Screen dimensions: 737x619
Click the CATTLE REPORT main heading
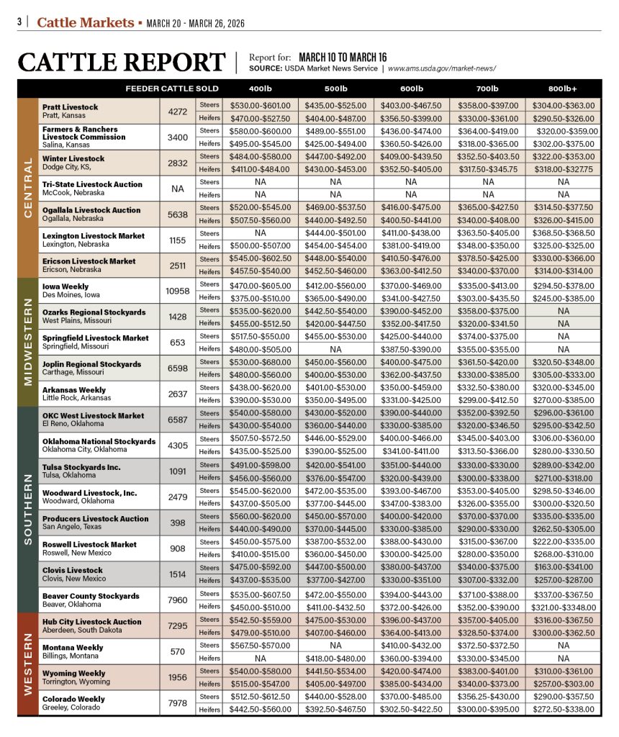tap(122, 63)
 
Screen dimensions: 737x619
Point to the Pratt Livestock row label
tap(70, 107)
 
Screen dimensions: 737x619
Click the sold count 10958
tap(177, 291)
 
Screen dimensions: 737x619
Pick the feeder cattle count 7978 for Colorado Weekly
tap(177, 702)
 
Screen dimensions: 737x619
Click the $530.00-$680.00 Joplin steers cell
tap(261, 362)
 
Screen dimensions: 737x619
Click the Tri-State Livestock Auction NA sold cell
tap(177, 189)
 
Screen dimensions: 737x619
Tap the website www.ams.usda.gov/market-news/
tap(442, 68)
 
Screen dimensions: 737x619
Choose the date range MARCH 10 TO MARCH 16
tap(343, 57)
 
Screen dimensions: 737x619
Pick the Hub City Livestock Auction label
tap(91, 622)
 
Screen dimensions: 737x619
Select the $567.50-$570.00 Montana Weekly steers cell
tap(261, 646)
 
